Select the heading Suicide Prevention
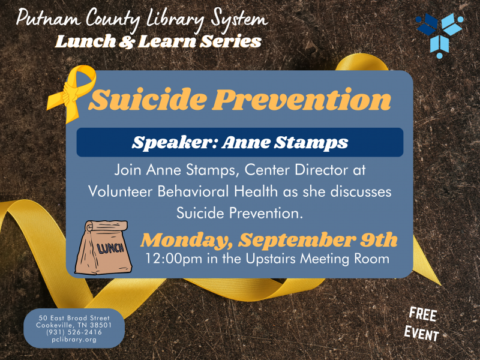(240, 100)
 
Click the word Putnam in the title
(46, 19)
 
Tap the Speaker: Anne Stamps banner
(240, 142)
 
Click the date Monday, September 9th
(269, 241)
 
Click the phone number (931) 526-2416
(74, 332)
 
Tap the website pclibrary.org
(74, 340)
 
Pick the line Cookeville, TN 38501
(74, 325)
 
